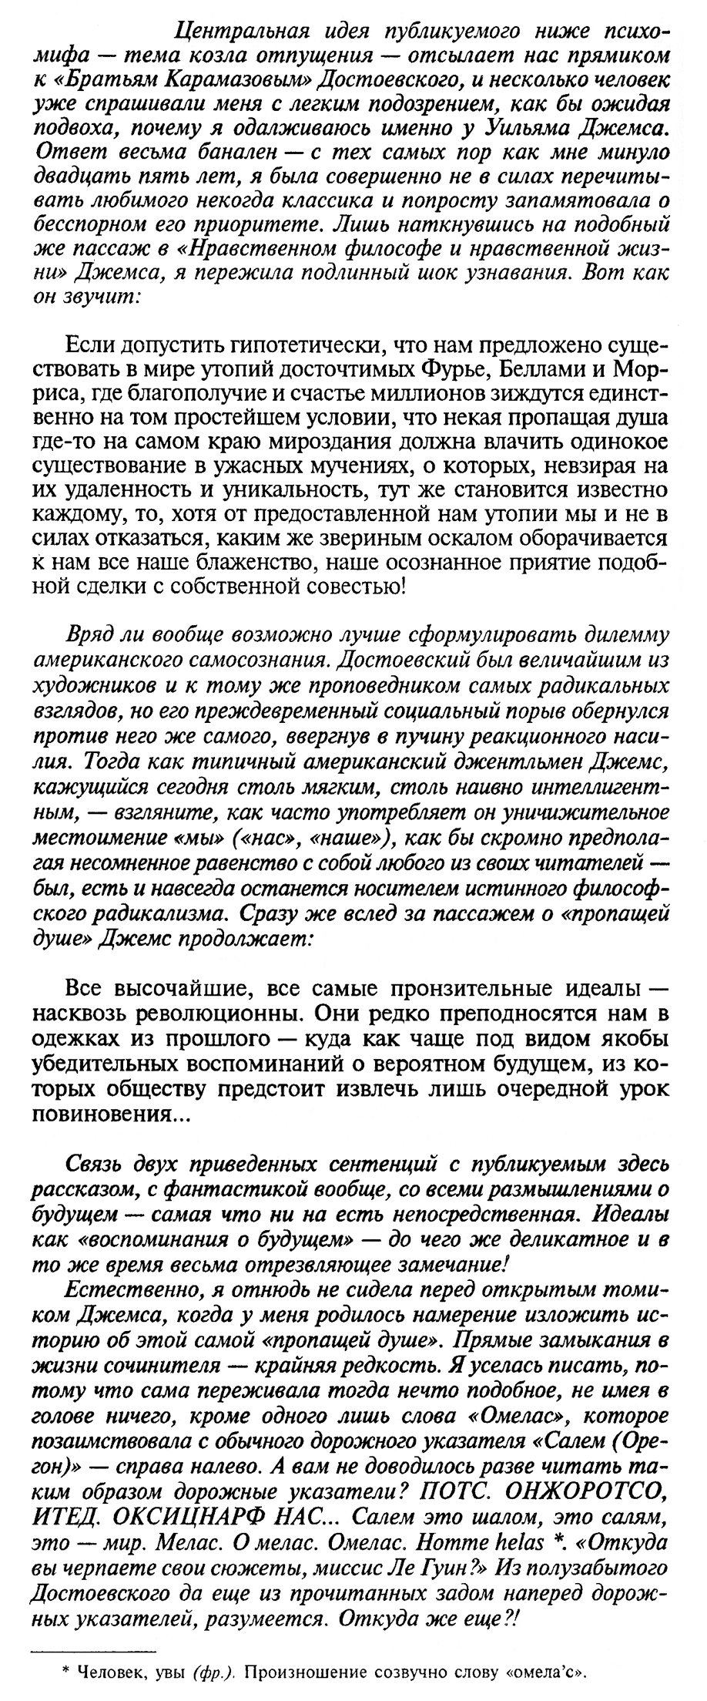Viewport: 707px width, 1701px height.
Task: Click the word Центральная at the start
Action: (223, 32)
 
